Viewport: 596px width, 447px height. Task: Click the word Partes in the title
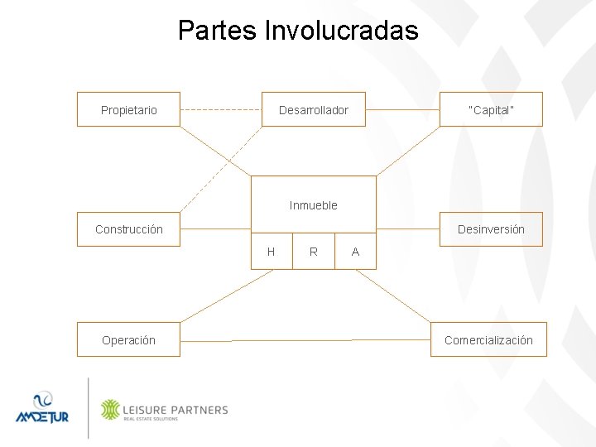(217, 31)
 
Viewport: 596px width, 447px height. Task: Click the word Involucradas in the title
(342, 31)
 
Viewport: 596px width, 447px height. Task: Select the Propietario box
(128, 109)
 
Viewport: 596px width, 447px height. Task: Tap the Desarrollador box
(314, 109)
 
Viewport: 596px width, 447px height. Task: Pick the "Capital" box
(491, 109)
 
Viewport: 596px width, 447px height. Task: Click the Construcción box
(129, 229)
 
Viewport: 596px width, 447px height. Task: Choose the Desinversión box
(491, 229)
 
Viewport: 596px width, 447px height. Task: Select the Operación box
(128, 339)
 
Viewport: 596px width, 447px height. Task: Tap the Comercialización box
(488, 339)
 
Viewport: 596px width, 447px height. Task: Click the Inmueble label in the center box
(314, 205)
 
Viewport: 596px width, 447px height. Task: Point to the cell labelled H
(272, 252)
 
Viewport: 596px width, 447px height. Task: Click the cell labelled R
(314, 252)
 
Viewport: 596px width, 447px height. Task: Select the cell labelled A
(355, 252)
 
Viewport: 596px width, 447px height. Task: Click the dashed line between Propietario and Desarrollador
(221, 109)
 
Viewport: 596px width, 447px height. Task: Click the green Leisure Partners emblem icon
(110, 409)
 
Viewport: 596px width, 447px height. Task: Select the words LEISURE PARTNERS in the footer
(175, 408)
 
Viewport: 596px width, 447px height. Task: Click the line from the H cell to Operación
(225, 296)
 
